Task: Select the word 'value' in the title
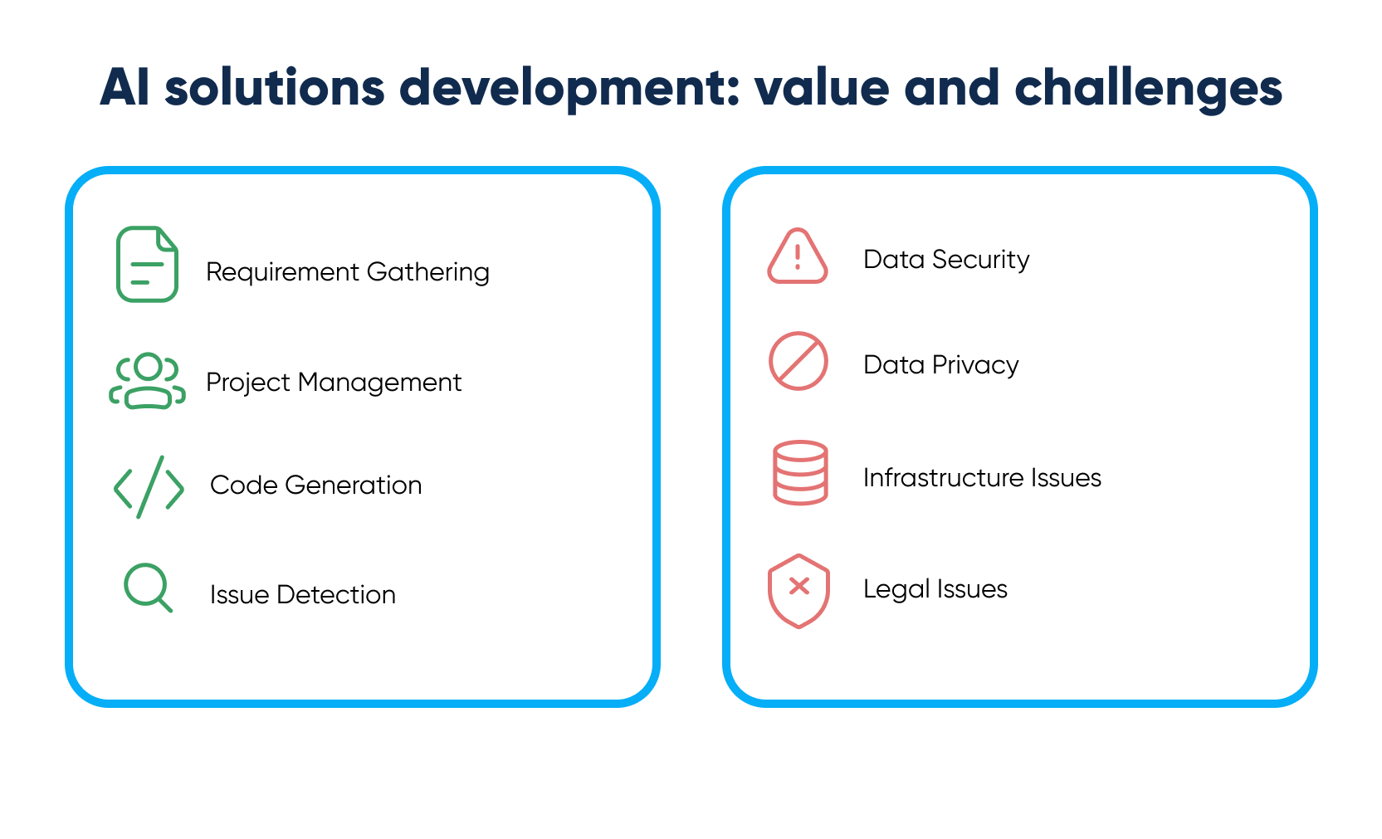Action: tap(822, 87)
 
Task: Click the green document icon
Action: tap(147, 264)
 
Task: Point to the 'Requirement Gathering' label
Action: tap(347, 272)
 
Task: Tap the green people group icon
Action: tap(147, 381)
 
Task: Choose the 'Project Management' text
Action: tap(333, 383)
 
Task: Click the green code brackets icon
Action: tap(149, 487)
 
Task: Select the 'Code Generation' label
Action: tap(315, 485)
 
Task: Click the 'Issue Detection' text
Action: tap(302, 595)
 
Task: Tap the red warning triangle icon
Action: tap(797, 257)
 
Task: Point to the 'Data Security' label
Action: tap(946, 260)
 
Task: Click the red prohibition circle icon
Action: tap(798, 362)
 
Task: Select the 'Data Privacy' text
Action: tap(940, 365)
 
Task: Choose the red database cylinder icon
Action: tap(800, 472)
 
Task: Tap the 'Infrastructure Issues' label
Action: tap(982, 478)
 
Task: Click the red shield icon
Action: tap(798, 590)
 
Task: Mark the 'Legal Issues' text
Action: tap(935, 589)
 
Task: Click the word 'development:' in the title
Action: tap(569, 87)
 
